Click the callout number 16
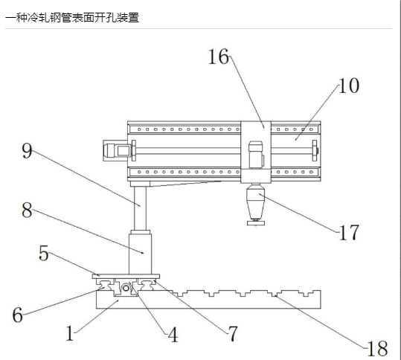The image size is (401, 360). click(x=219, y=57)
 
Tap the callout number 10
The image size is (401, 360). click(x=349, y=86)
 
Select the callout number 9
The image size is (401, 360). click(x=27, y=151)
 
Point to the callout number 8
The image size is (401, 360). click(x=27, y=210)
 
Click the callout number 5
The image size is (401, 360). click(x=44, y=253)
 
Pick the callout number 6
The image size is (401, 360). click(x=18, y=315)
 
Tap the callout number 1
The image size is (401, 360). click(x=70, y=333)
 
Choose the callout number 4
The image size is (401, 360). click(x=173, y=335)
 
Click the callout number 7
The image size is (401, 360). click(x=233, y=333)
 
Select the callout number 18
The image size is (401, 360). click(x=377, y=349)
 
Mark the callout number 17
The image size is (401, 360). click(x=349, y=232)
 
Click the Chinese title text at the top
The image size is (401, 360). click(x=72, y=18)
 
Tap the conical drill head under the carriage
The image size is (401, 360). click(x=255, y=202)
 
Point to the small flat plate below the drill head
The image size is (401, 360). click(x=256, y=223)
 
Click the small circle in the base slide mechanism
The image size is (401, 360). click(x=126, y=289)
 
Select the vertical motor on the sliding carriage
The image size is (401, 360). click(x=256, y=155)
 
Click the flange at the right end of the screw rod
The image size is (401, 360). click(x=315, y=150)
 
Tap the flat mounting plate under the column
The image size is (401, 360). click(x=126, y=276)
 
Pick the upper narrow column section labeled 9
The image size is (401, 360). click(x=140, y=208)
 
